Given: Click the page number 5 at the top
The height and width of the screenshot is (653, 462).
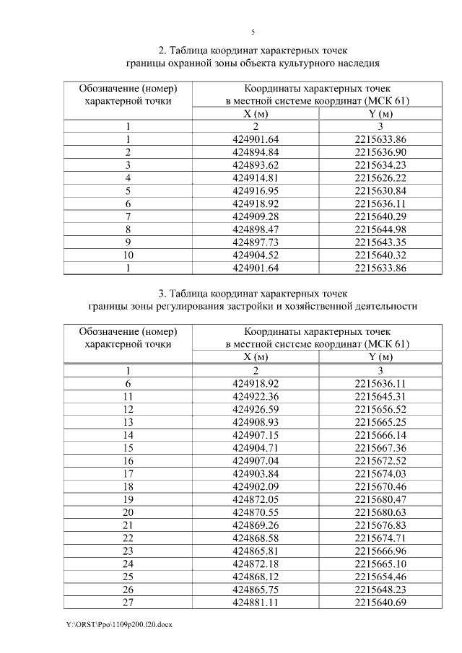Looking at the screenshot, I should point(253,32).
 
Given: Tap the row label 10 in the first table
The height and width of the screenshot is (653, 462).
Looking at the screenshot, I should point(128,255).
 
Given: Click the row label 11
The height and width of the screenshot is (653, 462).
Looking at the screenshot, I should point(128,397).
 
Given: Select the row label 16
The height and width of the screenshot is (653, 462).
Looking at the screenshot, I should point(128,460).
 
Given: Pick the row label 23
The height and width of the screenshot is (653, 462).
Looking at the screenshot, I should point(128,551).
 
